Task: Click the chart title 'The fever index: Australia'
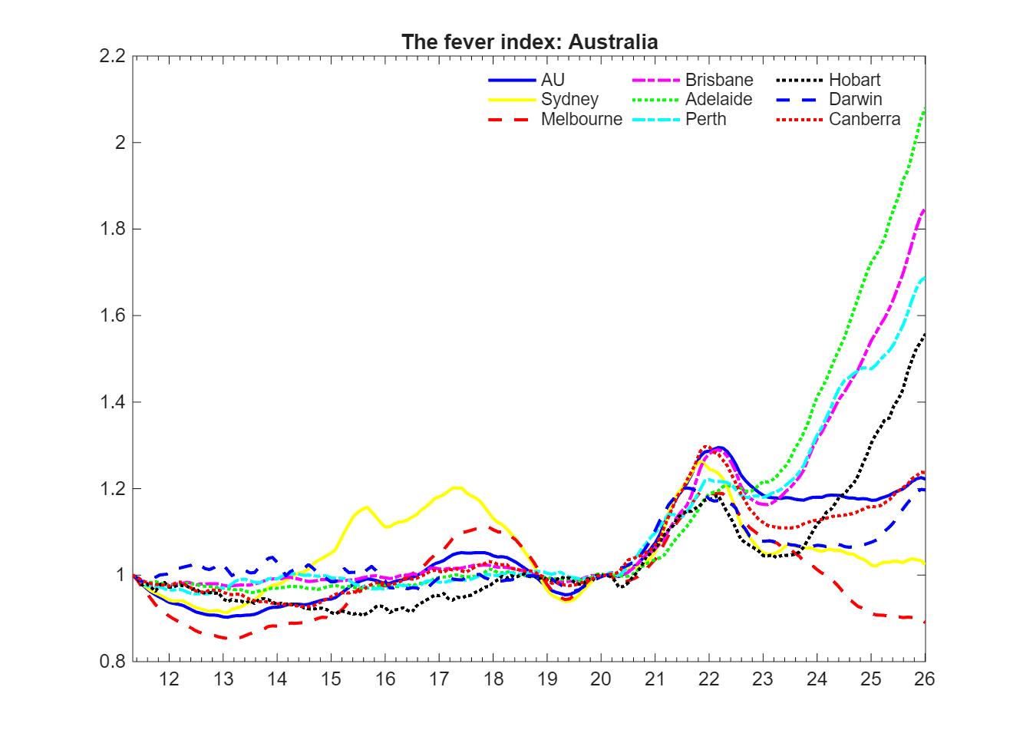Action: (x=530, y=41)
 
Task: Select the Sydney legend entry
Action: (x=569, y=100)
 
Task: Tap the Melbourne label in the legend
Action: (x=581, y=120)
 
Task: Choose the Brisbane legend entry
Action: (x=719, y=81)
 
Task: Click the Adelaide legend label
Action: (x=718, y=100)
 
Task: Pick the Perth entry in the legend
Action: (x=705, y=120)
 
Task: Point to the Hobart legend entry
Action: (x=854, y=81)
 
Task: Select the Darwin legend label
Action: (x=855, y=100)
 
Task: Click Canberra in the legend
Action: (x=864, y=120)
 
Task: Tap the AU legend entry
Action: (x=553, y=81)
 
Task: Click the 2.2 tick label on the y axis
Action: (x=112, y=56)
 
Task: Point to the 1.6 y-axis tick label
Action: (x=112, y=315)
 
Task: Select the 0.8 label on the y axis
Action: (x=112, y=662)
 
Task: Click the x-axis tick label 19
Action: (x=547, y=679)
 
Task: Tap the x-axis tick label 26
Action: (x=924, y=679)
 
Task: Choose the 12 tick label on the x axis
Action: (x=169, y=679)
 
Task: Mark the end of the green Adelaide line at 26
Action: (x=925, y=108)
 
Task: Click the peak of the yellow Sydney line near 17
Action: (x=457, y=487)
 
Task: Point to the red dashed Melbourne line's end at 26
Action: (x=925, y=622)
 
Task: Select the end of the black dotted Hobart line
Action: (x=925, y=333)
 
